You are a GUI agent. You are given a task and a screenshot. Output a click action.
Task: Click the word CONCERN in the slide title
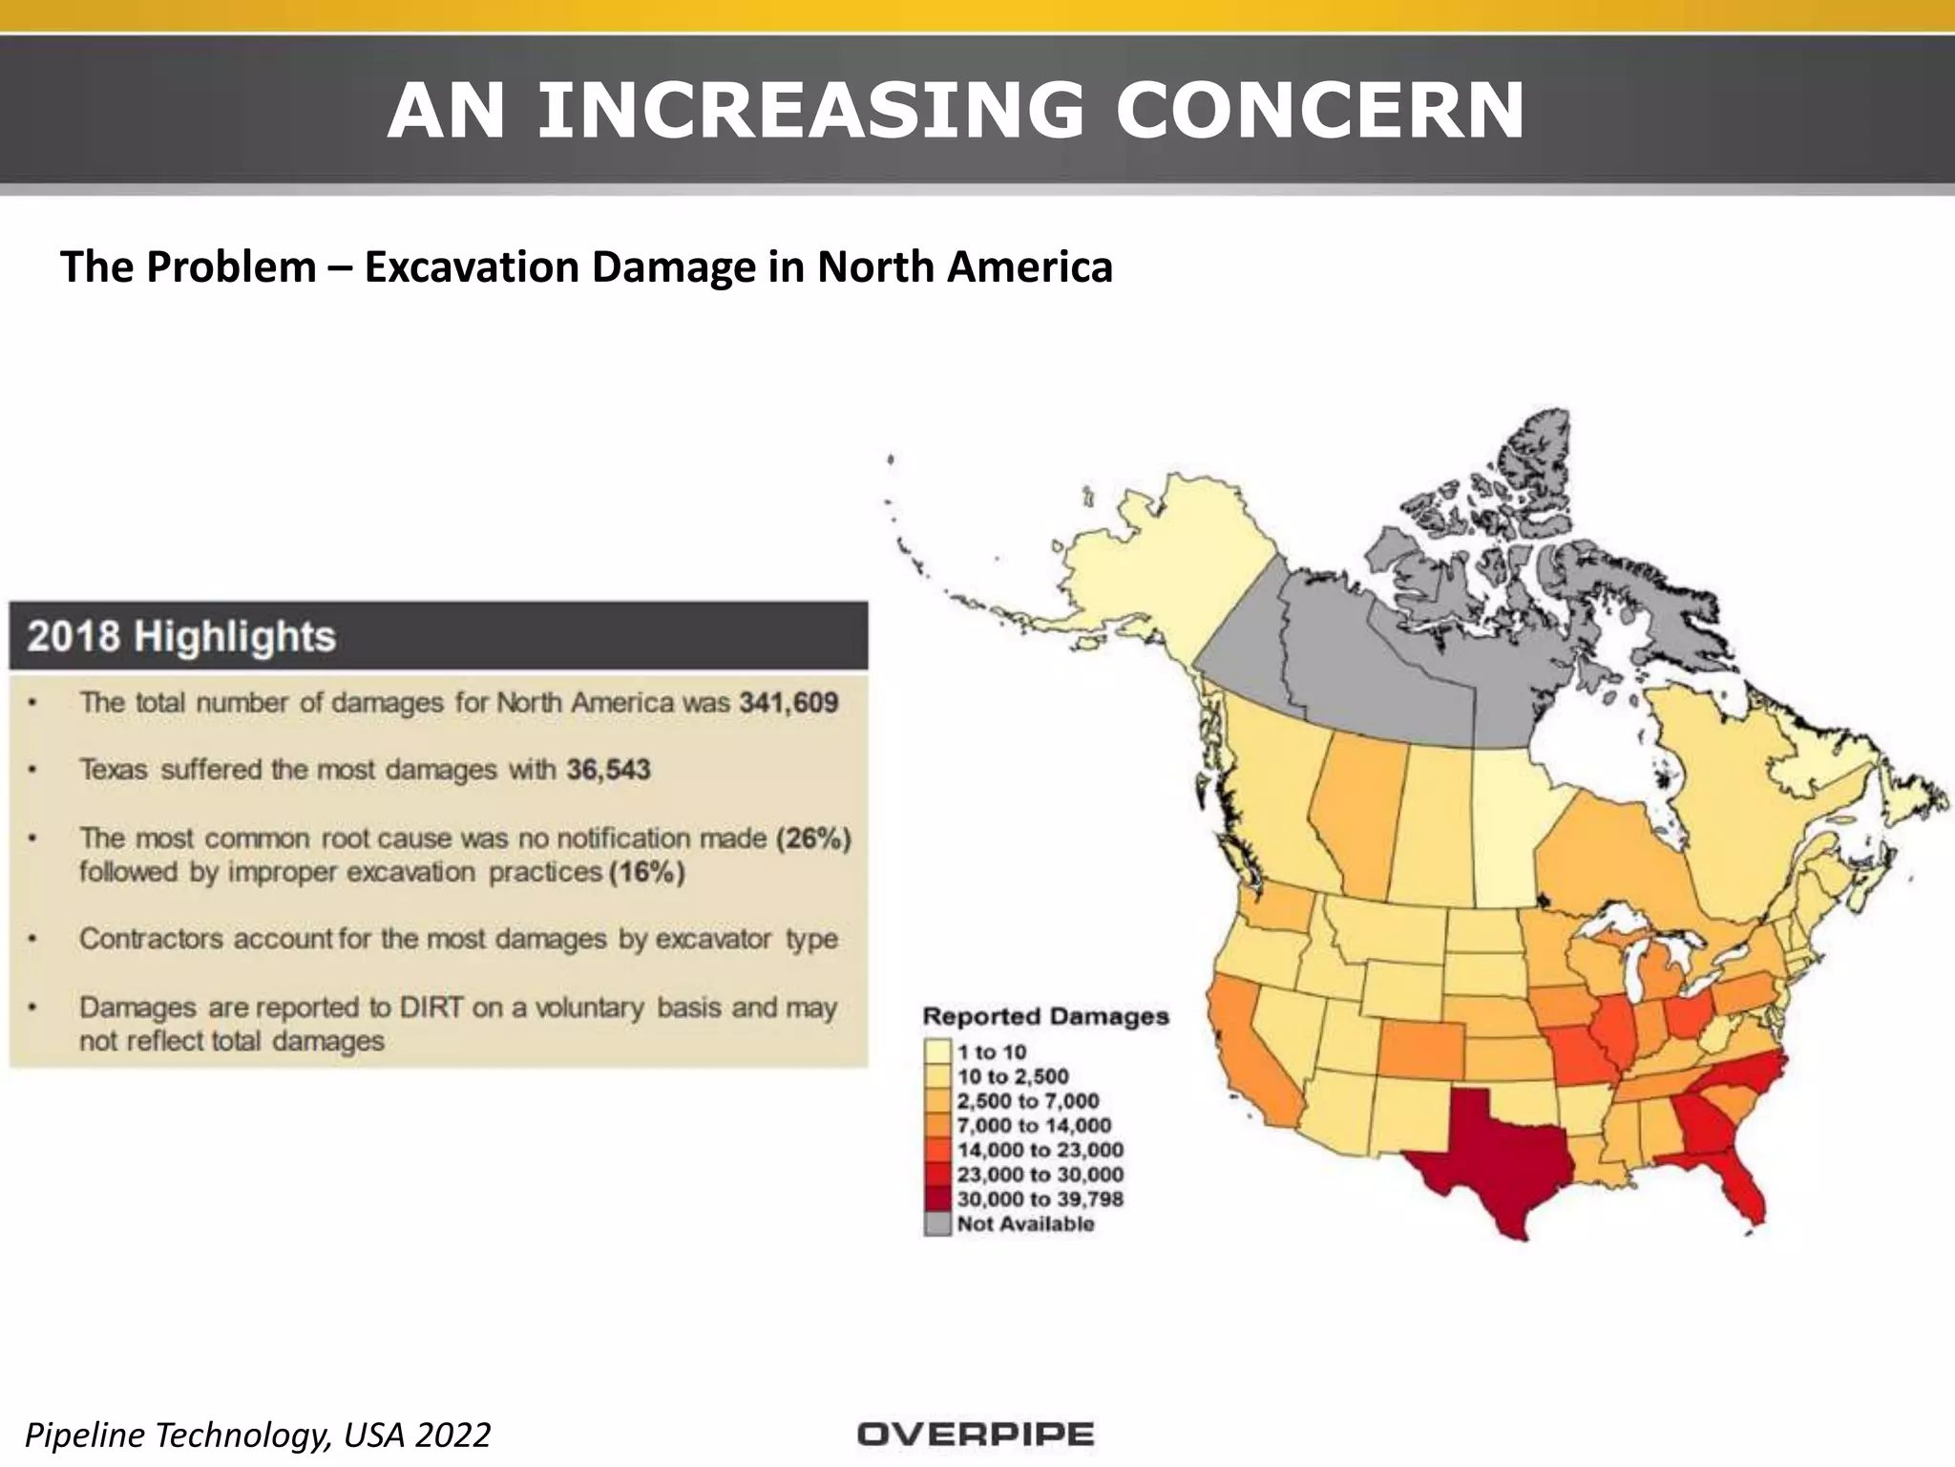coord(1319,112)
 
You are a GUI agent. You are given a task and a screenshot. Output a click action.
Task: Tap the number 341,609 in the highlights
coord(788,703)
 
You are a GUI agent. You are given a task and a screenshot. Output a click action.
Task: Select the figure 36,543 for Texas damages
coord(608,770)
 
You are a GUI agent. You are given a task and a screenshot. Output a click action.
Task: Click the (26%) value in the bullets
coord(812,839)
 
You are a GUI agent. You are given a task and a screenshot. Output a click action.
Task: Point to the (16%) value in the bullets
coord(646,872)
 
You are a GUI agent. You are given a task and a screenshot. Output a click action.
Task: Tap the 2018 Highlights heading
coord(181,636)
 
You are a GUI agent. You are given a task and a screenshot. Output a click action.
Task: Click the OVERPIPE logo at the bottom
coord(975,1434)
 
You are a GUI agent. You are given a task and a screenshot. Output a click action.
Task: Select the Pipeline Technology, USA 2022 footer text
coord(258,1434)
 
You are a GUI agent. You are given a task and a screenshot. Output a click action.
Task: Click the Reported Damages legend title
coord(1045,1016)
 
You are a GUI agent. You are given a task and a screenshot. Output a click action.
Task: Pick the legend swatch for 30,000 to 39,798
coord(938,1200)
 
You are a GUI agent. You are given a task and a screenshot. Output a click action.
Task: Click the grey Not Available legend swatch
coord(938,1224)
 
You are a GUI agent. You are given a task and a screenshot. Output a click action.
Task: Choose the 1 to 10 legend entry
coord(992,1052)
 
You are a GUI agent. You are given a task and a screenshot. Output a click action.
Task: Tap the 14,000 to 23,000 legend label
coord(1040,1150)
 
